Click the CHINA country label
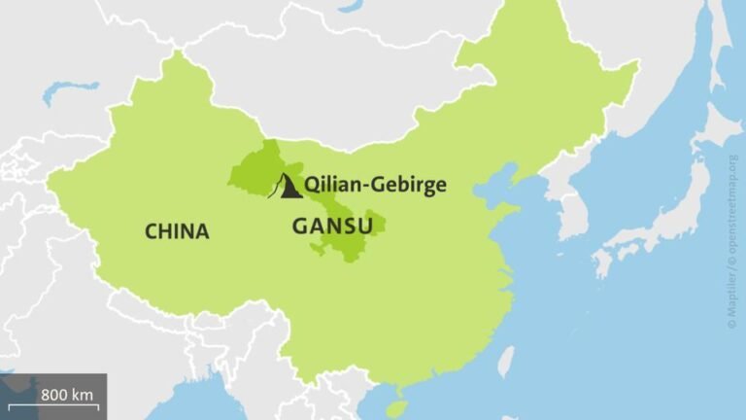click(176, 231)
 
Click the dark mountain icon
click(288, 187)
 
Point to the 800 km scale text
click(68, 395)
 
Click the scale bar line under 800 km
click(53, 406)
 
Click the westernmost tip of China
click(49, 180)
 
